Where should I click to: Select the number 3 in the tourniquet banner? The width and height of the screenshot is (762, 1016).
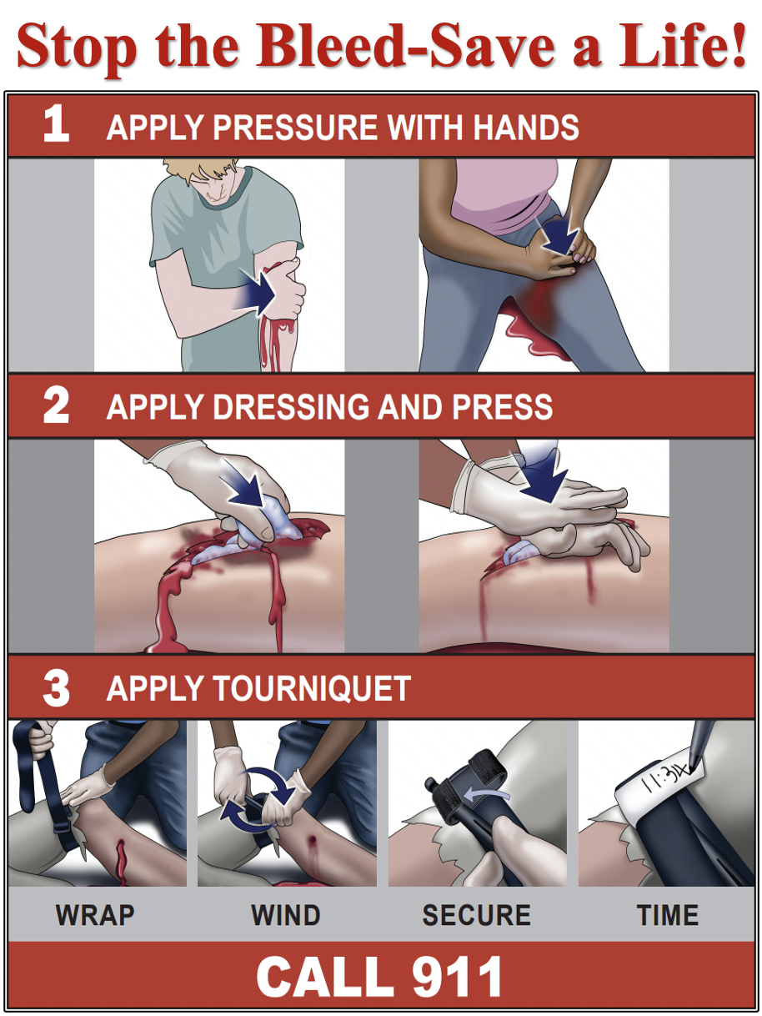[x=56, y=688]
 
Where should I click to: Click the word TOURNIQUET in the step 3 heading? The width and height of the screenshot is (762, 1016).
[x=312, y=689]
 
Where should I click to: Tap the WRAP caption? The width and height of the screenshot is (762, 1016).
[x=95, y=915]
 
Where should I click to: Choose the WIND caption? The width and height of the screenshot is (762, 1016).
[x=286, y=915]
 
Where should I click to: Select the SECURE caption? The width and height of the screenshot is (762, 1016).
[x=476, y=915]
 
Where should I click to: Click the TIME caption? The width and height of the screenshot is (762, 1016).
[x=667, y=915]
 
